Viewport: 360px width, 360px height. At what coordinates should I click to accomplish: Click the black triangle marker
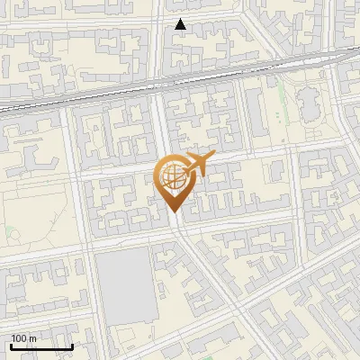(x=180, y=24)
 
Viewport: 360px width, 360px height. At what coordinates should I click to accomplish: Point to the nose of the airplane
(x=212, y=157)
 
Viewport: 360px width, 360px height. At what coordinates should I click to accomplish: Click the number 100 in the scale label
(x=19, y=338)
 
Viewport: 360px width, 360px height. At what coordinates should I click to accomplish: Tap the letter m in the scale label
(x=32, y=338)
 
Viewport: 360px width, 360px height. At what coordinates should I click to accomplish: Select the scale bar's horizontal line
(x=41, y=346)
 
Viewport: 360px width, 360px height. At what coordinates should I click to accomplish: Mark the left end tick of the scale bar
(x=11, y=345)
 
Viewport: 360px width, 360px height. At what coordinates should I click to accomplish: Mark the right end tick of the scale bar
(x=72, y=345)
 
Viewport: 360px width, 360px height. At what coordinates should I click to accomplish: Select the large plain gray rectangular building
(x=122, y=283)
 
